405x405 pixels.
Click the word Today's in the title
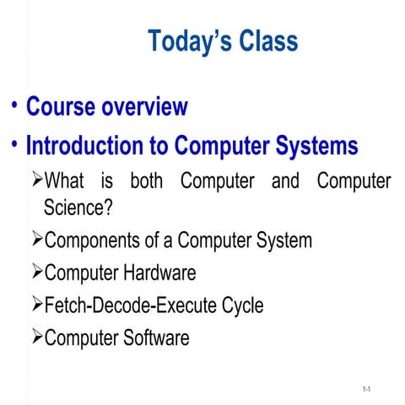coord(187,40)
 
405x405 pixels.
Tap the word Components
coord(93,240)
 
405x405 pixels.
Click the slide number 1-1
coord(368,389)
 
